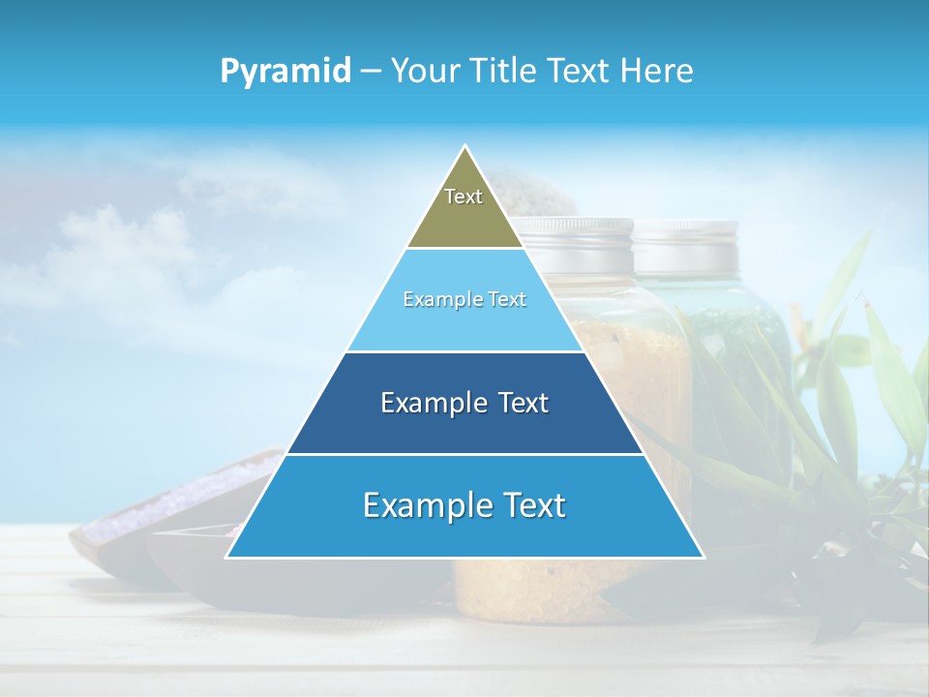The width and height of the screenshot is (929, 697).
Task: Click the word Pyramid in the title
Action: (x=285, y=72)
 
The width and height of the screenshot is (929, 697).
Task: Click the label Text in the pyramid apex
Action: (x=464, y=197)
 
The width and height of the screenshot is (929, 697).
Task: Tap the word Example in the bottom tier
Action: (x=422, y=505)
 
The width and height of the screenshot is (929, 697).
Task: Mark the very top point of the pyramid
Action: (x=465, y=147)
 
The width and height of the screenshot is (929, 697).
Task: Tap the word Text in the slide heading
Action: (x=579, y=72)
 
